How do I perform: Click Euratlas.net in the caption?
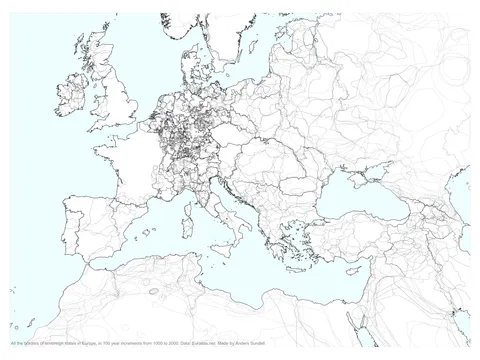[202, 342]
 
